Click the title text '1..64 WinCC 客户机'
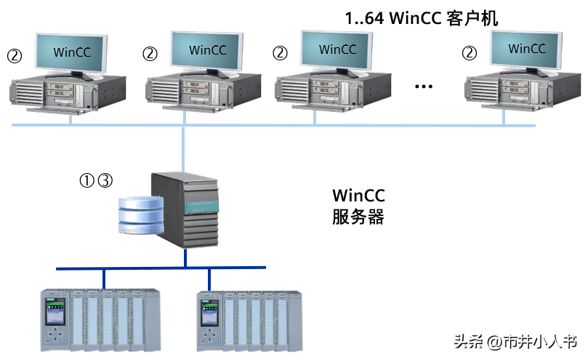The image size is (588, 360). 422,18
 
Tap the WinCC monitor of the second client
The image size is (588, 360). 208,50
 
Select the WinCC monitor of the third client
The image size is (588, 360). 337,50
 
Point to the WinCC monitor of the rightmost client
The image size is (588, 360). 527,49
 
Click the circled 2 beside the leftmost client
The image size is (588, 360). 14,55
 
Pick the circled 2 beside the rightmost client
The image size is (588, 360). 470,53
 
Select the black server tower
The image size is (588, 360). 185,211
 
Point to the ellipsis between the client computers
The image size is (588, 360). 423,87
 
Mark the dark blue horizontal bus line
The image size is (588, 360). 160,269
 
